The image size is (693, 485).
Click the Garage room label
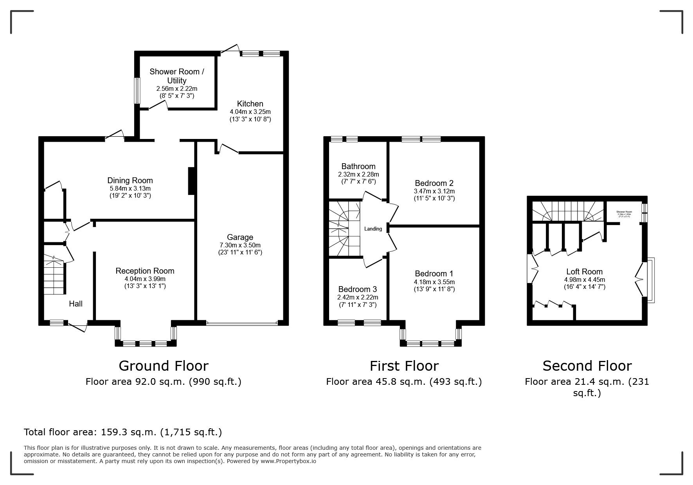(x=240, y=237)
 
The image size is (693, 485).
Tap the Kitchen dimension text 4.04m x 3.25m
(x=250, y=112)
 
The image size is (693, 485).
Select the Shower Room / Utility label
(x=177, y=76)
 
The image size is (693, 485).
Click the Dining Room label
(x=130, y=180)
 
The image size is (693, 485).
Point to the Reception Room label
(x=145, y=271)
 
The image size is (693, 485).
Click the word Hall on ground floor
(x=76, y=304)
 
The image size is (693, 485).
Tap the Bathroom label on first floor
(x=358, y=166)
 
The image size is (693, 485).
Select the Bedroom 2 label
(x=434, y=183)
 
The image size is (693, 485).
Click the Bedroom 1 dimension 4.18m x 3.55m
(x=434, y=282)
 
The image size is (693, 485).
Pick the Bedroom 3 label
(x=357, y=289)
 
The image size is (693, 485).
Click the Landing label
(x=373, y=229)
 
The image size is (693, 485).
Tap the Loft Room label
(x=584, y=272)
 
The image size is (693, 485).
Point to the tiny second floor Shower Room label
(x=624, y=212)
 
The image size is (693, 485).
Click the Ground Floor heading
(x=163, y=366)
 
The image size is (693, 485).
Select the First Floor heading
(x=404, y=366)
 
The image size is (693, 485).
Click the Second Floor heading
(x=587, y=366)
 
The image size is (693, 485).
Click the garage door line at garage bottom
(x=242, y=323)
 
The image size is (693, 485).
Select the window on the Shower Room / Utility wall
(x=137, y=90)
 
